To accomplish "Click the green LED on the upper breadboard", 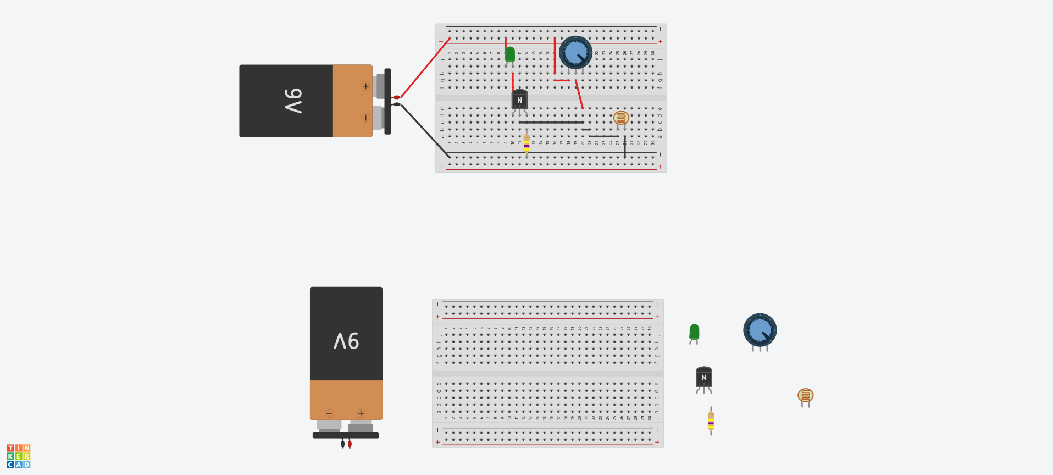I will (x=509, y=54).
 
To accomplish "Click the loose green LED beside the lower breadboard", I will (x=694, y=332).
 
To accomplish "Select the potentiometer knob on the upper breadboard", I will (x=575, y=53).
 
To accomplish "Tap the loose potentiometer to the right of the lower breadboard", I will (x=760, y=330).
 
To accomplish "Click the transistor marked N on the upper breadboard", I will (x=519, y=100).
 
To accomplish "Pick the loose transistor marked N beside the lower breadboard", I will (x=703, y=378).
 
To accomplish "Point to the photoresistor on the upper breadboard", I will (x=621, y=118).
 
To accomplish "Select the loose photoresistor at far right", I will (x=805, y=395).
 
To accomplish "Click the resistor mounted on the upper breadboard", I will (x=526, y=143).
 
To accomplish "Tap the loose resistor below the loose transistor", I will (x=711, y=421).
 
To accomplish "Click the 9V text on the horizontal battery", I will (x=293, y=101).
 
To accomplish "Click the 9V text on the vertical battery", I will (x=346, y=341).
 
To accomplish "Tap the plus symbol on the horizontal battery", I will (x=365, y=86).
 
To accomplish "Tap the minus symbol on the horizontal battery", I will (x=365, y=118).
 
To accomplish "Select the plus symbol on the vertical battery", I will (x=361, y=413).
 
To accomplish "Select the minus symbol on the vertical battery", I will (x=329, y=413).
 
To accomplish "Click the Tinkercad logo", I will (x=18, y=456).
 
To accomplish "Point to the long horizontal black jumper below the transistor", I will (x=551, y=123).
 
